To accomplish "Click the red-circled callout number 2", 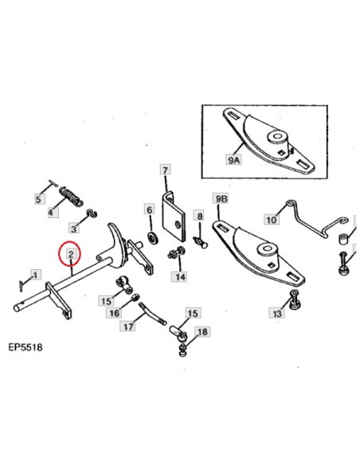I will pyautogui.click(x=71, y=255).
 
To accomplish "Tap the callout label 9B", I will pyautogui.click(x=221, y=198).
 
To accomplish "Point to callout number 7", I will pyautogui.click(x=165, y=170).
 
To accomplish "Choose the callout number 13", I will pyautogui.click(x=277, y=315).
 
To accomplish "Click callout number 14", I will pyautogui.click(x=180, y=276).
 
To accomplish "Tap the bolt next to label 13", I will pyautogui.click(x=295, y=300).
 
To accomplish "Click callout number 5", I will pyautogui.click(x=37, y=199).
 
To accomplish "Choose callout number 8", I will pyautogui.click(x=199, y=216).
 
